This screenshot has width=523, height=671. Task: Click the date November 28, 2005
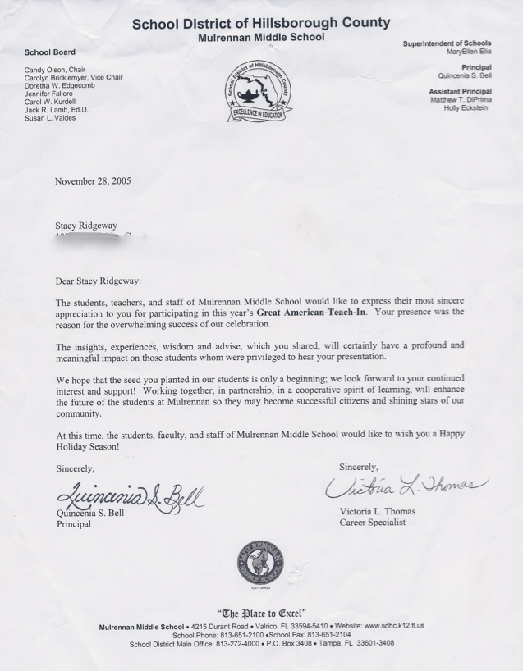(x=93, y=180)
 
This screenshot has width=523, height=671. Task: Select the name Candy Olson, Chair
(x=60, y=69)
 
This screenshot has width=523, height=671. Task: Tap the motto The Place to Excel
(x=261, y=613)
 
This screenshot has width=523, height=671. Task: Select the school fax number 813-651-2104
(x=331, y=634)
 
